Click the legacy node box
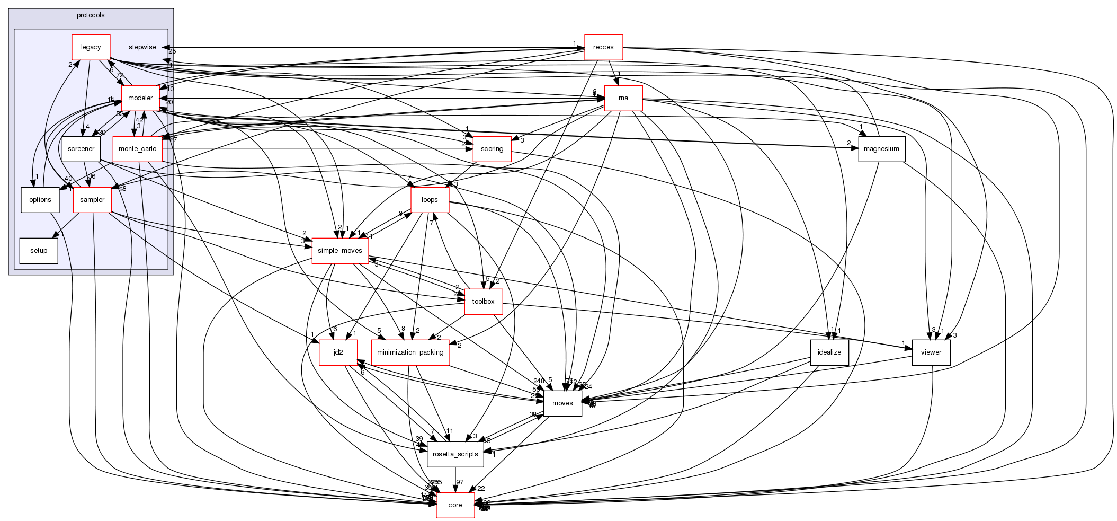(91, 47)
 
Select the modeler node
(140, 98)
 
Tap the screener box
(81, 149)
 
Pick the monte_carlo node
(137, 149)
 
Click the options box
(40, 200)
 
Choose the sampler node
(92, 200)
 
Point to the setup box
(39, 251)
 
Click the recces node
(603, 47)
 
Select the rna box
(623, 98)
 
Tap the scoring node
(492, 149)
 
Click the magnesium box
(881, 149)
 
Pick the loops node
(430, 200)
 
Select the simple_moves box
(340, 251)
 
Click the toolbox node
(483, 302)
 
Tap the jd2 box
(338, 352)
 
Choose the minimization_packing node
(410, 352)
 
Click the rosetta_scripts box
(455, 454)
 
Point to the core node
(455, 505)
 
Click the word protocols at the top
(91, 15)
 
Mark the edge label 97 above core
(460, 482)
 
